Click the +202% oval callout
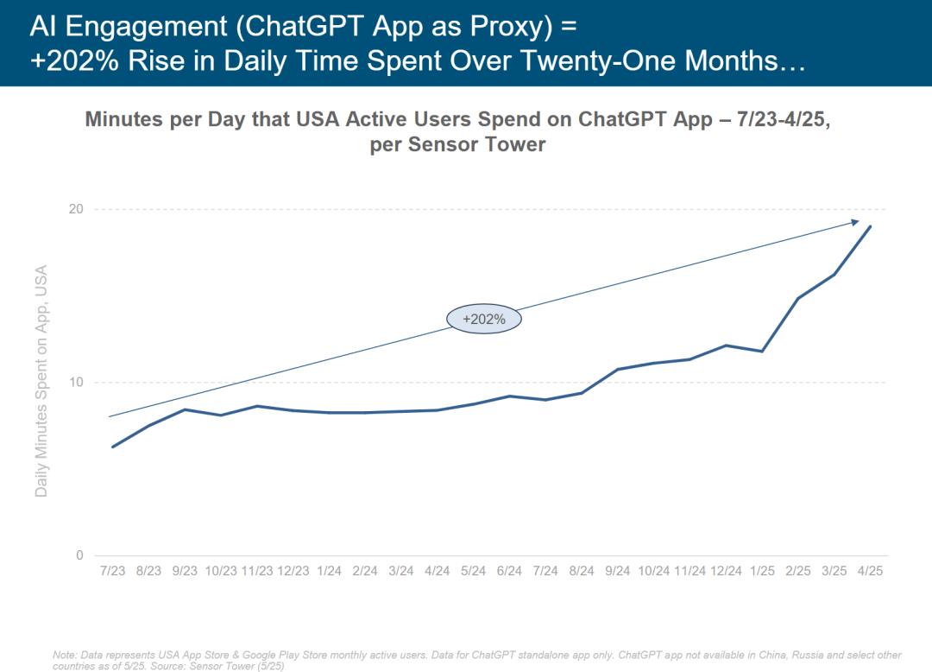coord(484,319)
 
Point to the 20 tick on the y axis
coord(76,209)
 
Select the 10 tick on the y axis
coord(76,383)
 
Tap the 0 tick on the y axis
coord(79,555)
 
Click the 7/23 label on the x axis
coord(113,571)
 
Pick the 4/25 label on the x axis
coord(870,571)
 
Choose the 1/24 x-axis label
coord(329,571)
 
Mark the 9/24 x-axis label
coord(617,571)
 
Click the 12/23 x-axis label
coord(293,571)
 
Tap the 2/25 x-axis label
coord(797,571)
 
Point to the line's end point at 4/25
coord(870,226)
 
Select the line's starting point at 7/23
coord(113,447)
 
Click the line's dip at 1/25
coord(761,351)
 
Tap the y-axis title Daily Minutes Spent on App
coord(41,380)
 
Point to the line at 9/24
coord(617,369)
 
